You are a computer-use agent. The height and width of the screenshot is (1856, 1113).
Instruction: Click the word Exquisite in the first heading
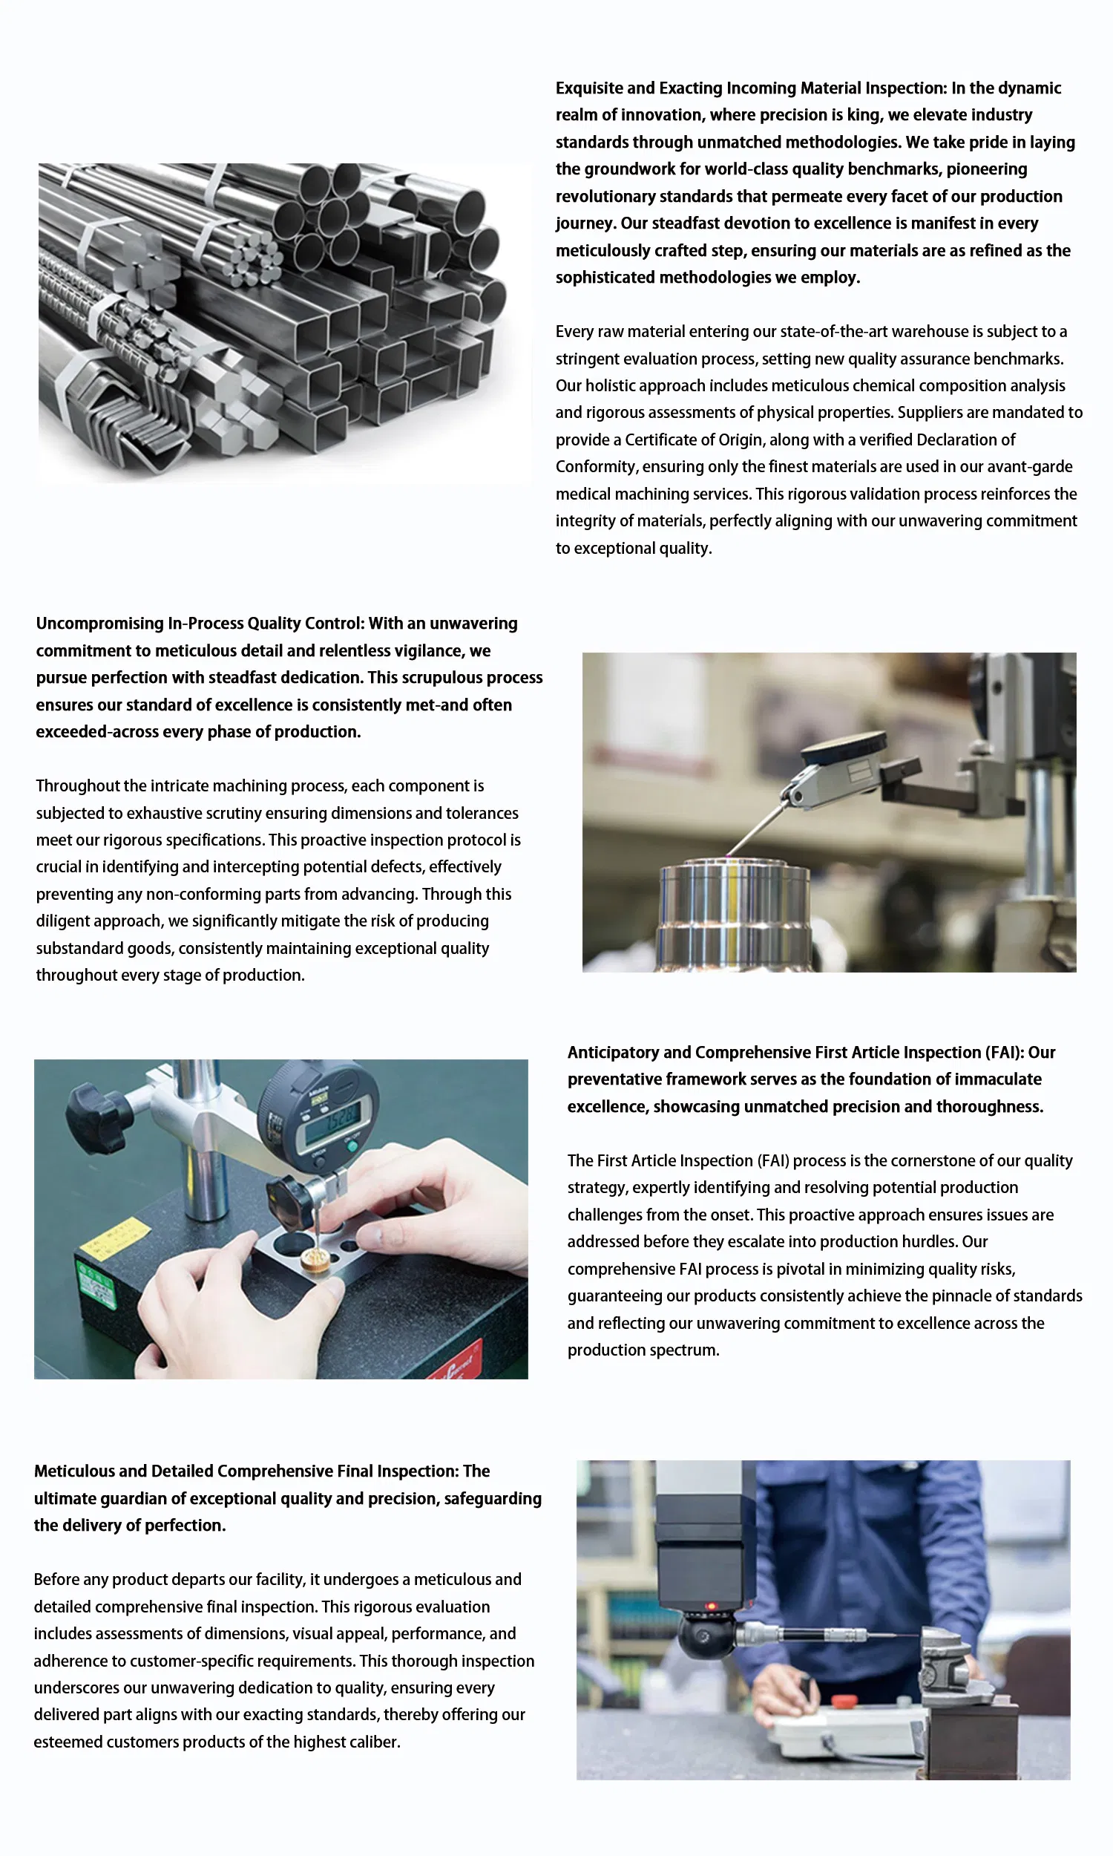coord(588,88)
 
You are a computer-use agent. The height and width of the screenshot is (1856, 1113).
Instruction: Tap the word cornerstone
coord(910,1160)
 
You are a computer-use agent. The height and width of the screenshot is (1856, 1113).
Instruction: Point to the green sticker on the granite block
coord(98,1284)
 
